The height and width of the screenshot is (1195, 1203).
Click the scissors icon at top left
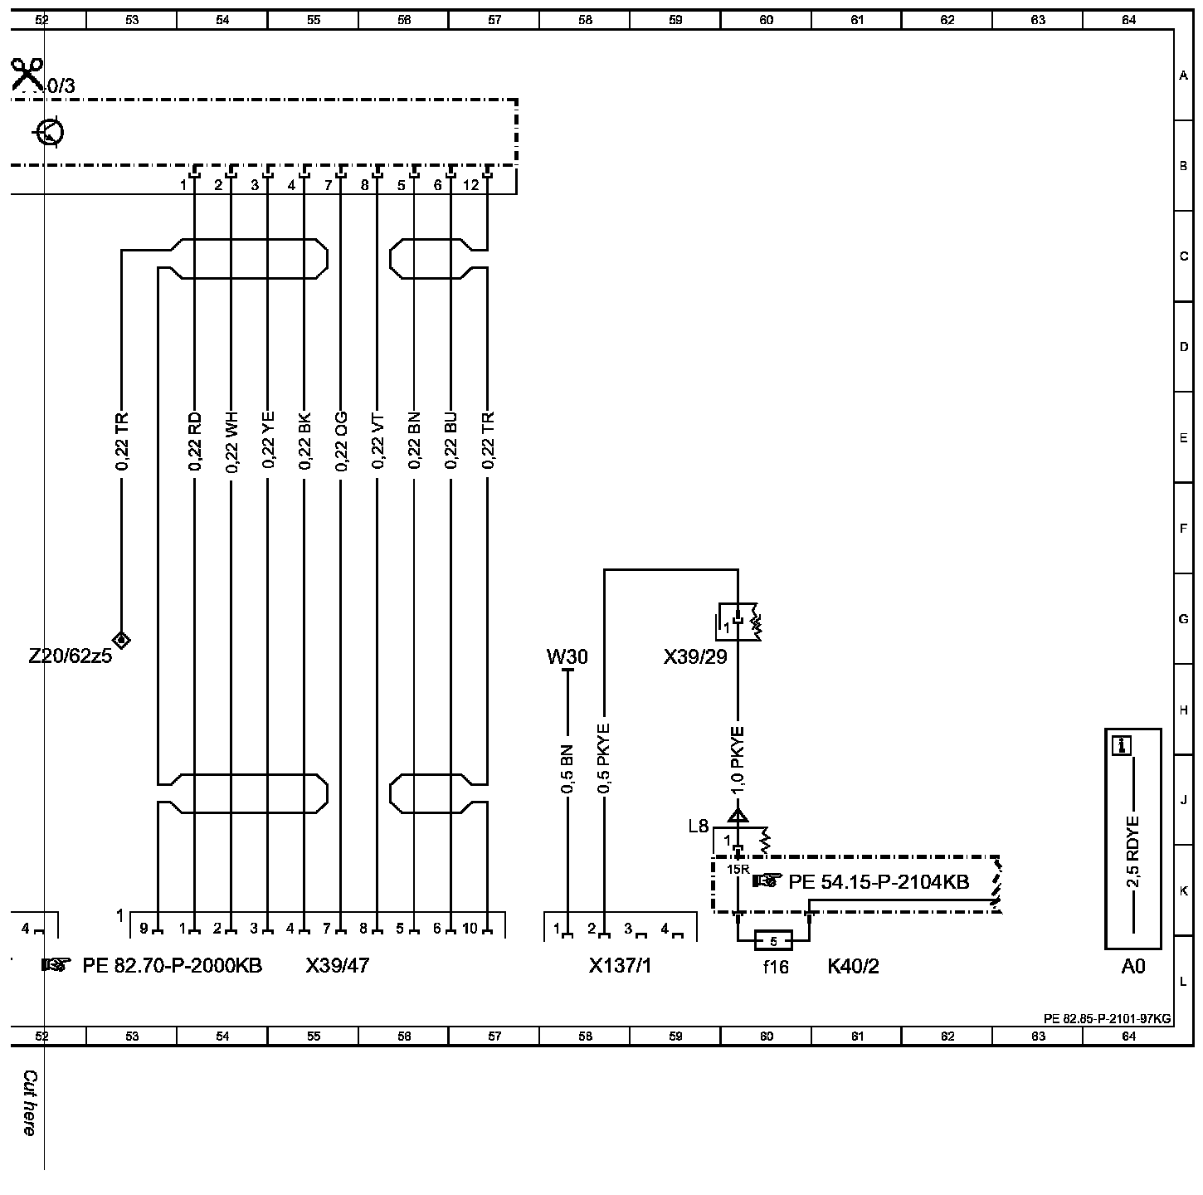(27, 75)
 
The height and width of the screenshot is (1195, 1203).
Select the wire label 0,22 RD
(195, 441)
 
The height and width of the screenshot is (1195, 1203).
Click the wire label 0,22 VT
(377, 441)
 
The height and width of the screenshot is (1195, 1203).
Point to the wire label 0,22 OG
(341, 441)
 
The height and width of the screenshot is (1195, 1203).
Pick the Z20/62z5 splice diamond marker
(122, 639)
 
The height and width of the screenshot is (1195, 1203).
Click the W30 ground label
(567, 657)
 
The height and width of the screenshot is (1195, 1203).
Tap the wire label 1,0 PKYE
(738, 758)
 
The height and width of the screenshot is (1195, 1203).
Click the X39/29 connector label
(695, 657)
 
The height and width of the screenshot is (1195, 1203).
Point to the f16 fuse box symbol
(773, 941)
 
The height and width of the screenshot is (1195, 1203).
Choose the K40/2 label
(853, 966)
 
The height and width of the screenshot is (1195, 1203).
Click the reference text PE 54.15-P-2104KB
(879, 881)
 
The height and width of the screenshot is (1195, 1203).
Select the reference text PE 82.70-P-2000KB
(172, 965)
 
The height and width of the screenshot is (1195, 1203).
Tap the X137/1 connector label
(620, 966)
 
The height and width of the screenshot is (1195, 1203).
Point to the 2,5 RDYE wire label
(1133, 851)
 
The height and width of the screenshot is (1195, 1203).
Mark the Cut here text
(30, 1103)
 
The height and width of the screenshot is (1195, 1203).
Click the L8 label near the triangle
(699, 827)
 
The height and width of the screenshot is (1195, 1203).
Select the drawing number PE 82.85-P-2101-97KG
(1107, 1018)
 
